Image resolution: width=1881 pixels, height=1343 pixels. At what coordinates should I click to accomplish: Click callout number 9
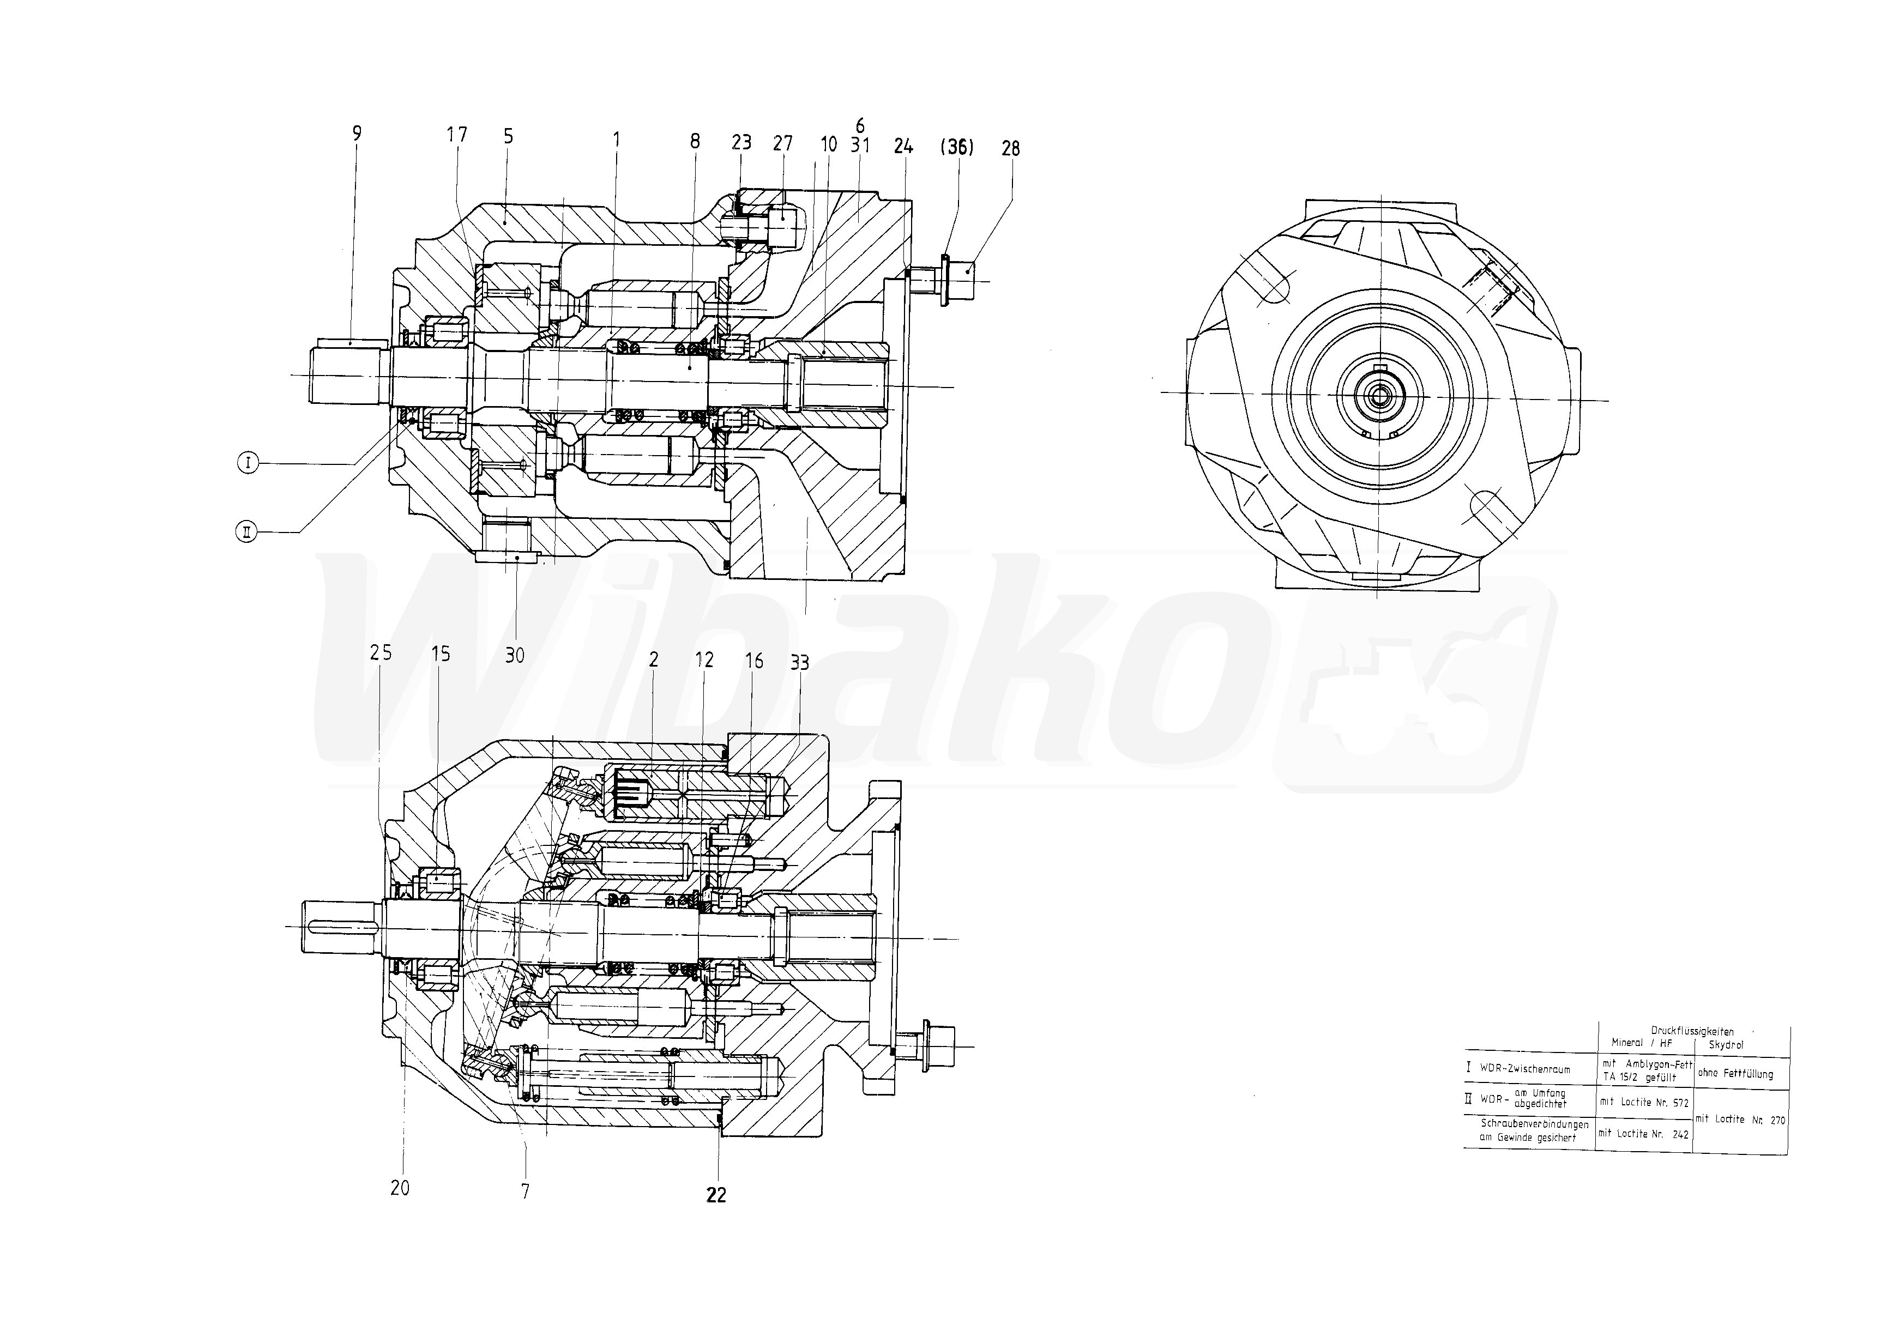tap(357, 133)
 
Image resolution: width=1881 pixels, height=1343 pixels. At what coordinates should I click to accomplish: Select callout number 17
tap(456, 135)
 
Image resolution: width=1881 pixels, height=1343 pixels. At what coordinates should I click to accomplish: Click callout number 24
tap(903, 147)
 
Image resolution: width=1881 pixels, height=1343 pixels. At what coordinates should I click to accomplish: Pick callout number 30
tap(515, 656)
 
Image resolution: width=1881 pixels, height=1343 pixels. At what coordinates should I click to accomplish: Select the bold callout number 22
tap(716, 1195)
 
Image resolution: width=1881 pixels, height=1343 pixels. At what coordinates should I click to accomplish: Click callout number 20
tap(400, 1188)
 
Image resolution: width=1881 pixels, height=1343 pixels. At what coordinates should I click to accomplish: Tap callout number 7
tap(525, 1191)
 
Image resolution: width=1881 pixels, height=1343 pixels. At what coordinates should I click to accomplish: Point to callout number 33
tap(799, 662)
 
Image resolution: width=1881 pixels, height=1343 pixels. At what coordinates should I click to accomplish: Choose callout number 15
tap(441, 654)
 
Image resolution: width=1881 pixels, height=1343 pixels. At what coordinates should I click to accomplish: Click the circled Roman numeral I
tap(248, 463)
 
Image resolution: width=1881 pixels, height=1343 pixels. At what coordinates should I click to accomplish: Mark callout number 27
tap(782, 144)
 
